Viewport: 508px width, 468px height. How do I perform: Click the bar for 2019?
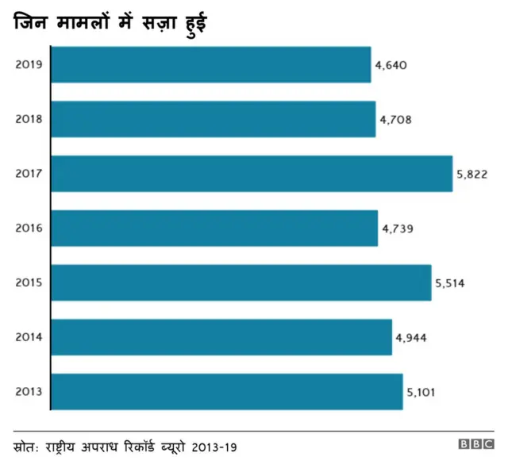point(211,64)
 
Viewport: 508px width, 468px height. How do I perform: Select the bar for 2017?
point(252,174)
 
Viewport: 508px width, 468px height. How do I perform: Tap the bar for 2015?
point(241,282)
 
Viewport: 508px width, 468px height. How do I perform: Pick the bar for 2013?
point(227,391)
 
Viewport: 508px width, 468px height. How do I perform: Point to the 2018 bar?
point(213,119)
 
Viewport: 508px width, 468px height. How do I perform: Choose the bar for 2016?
point(214,228)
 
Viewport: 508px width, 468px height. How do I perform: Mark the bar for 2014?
point(221,337)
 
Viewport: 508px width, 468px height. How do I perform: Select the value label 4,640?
point(391,65)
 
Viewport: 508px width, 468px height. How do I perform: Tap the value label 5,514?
point(449,283)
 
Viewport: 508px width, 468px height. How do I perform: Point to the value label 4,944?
point(411,338)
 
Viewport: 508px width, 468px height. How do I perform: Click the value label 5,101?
point(421,392)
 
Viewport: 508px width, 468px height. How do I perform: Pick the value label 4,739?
point(398,229)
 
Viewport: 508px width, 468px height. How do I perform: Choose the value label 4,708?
point(395,120)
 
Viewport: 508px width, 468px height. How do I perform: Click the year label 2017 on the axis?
point(29,174)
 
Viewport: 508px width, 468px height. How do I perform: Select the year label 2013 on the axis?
point(29,391)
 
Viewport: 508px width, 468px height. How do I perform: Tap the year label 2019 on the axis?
point(29,64)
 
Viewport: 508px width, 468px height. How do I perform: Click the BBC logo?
point(475,446)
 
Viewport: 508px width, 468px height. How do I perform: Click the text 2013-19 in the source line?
point(214,447)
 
